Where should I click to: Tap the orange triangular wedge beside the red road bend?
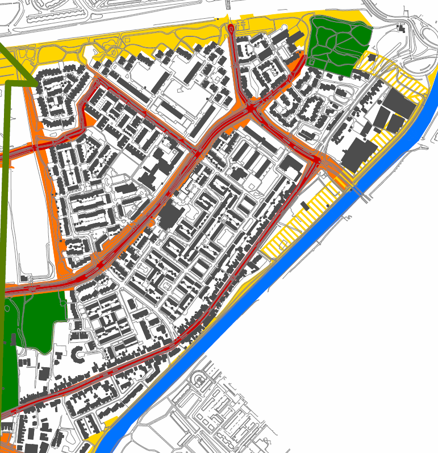coord(89,120)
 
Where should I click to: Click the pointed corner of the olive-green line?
coord(34,82)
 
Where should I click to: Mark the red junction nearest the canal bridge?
coord(316,161)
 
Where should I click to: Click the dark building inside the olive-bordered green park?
coord(12,340)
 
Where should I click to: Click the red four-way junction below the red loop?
coord(250,107)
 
